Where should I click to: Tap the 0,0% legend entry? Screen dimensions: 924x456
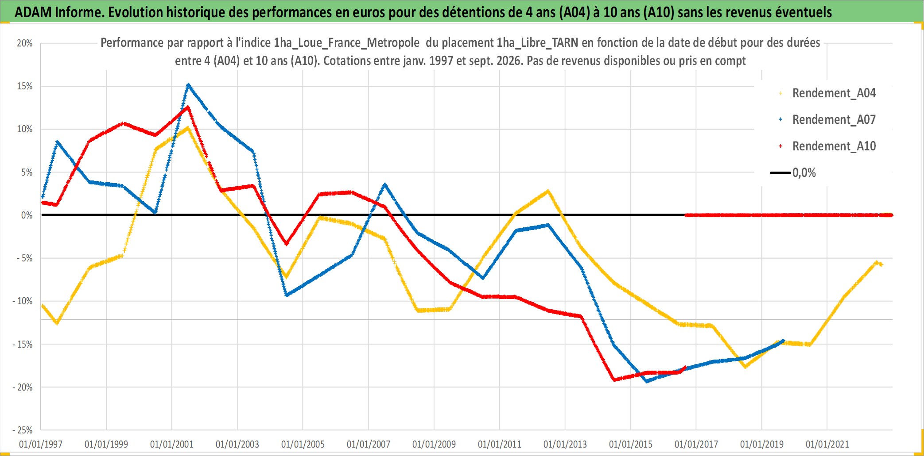coord(793,172)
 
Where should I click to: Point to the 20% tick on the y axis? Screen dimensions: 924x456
coord(25,43)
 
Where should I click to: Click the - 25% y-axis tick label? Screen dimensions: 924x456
coord(23,430)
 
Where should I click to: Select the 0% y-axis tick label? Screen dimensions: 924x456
coord(27,215)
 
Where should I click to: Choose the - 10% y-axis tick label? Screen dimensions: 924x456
coord(23,301)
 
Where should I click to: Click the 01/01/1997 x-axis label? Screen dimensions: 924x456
coord(41,444)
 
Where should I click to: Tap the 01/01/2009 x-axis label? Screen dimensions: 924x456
coord(434,444)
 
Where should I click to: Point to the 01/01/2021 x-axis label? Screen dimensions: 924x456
coord(827,444)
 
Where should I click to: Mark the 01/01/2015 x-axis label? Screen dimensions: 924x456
coord(631,444)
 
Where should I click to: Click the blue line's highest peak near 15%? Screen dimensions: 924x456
coord(188,84)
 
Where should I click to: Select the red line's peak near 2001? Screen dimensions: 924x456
coord(188,107)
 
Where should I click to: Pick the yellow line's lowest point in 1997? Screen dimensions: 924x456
coord(57,323)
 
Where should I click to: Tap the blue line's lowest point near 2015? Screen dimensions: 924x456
coord(647,381)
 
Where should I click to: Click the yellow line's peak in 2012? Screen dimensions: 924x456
coord(548,191)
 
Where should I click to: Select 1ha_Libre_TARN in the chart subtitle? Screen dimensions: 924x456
coord(537,43)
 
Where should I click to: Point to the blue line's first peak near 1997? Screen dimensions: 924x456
coord(57,142)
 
